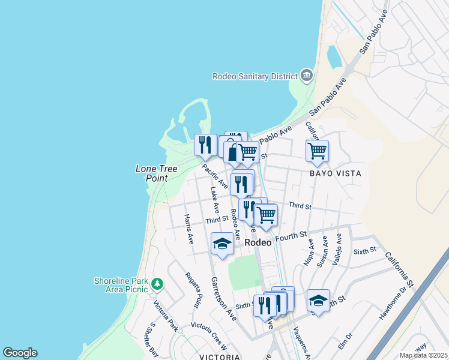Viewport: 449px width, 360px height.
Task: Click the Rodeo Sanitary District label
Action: (x=255, y=76)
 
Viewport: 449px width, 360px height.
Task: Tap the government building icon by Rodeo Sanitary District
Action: (x=307, y=76)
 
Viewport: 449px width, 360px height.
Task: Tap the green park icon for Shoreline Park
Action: (x=157, y=283)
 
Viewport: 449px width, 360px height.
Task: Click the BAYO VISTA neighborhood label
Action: (x=336, y=173)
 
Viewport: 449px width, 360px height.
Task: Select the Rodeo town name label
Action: (x=259, y=242)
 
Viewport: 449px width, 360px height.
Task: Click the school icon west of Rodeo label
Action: (x=222, y=243)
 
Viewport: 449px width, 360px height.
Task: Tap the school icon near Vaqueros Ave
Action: (x=318, y=300)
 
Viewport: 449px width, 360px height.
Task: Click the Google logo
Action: (x=20, y=353)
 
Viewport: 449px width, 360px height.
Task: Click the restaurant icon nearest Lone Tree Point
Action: (x=205, y=145)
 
